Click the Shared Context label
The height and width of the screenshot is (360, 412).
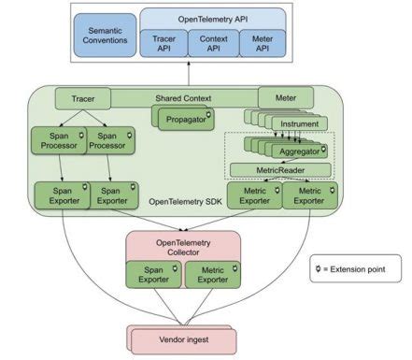tap(183, 97)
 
